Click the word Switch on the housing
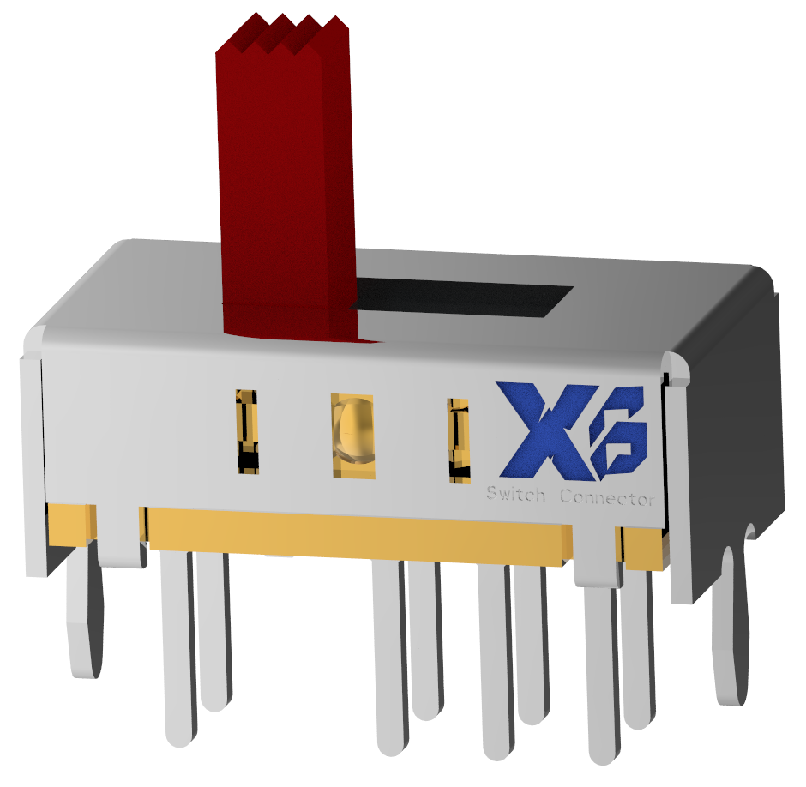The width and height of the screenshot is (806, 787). pyautogui.click(x=514, y=495)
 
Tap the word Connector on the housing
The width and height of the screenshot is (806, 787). pyautogui.click(x=607, y=498)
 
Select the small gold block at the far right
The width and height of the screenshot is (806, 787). pyautogui.click(x=643, y=549)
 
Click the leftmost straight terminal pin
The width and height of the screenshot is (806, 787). pyautogui.click(x=178, y=652)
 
